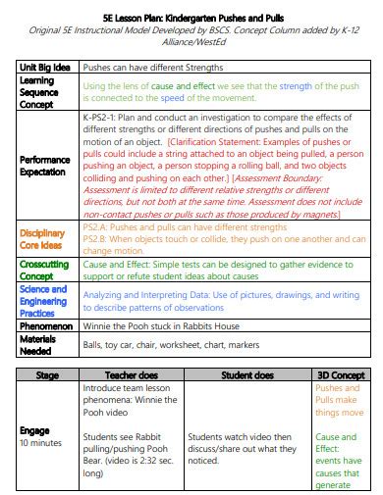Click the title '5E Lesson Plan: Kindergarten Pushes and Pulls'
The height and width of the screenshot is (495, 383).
pos(191,18)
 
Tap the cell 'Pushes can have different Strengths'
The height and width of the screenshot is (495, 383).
pos(151,68)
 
